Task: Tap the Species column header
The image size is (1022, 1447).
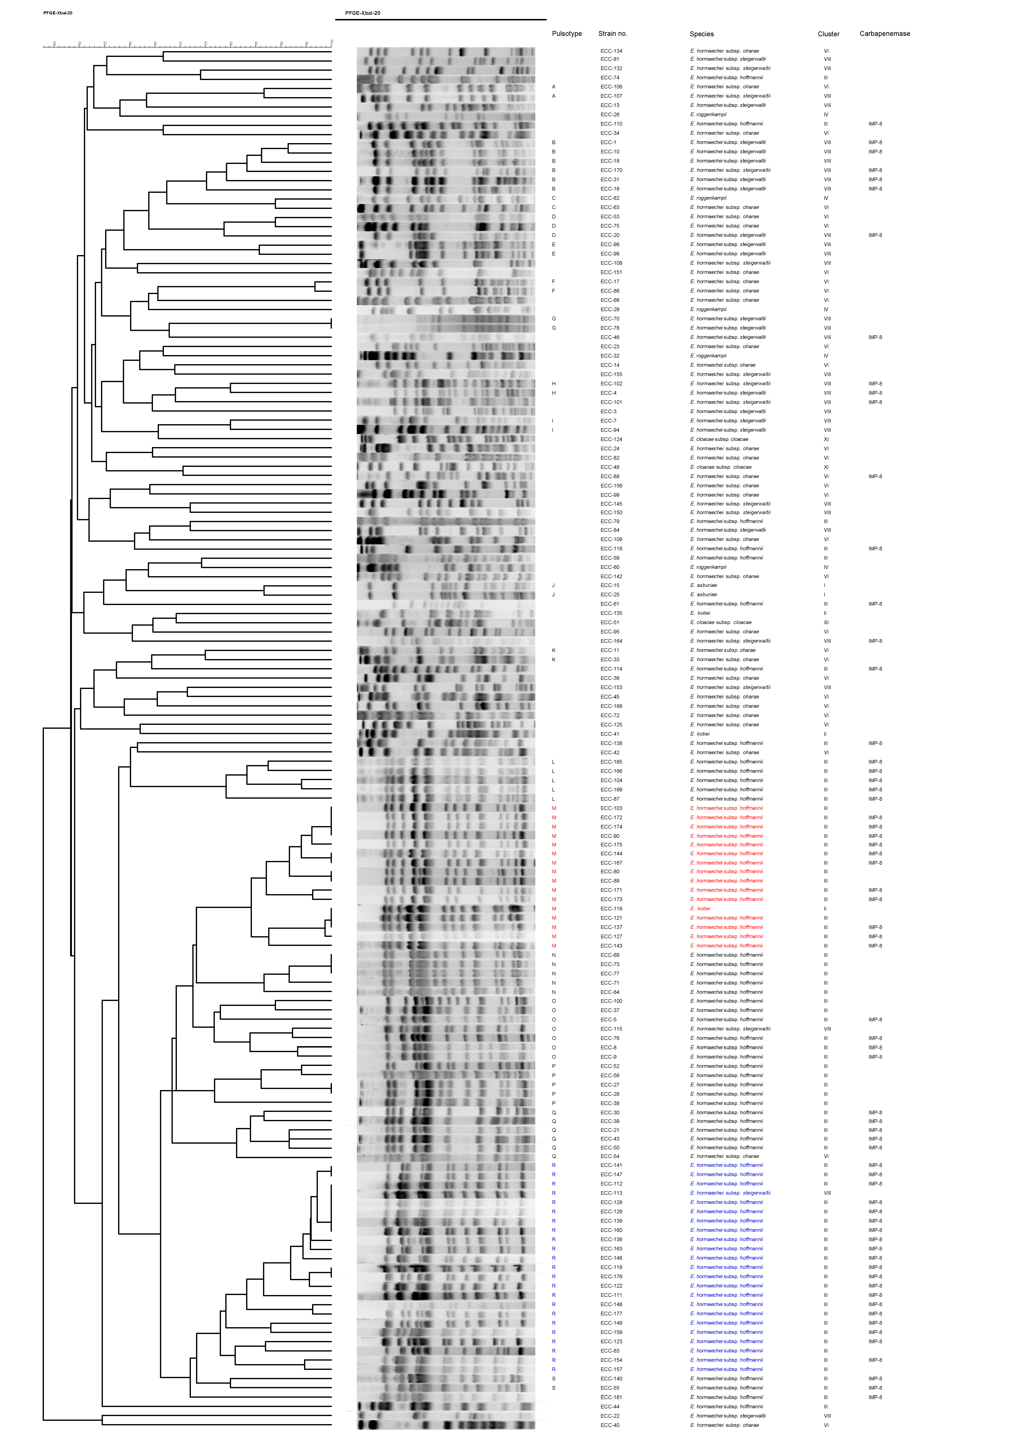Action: tap(701, 34)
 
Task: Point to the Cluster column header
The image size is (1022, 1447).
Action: tap(828, 34)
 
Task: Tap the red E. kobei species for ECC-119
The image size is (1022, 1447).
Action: tap(700, 908)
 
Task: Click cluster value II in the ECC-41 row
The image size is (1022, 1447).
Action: tap(825, 734)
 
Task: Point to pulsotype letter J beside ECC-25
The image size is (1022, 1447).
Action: tap(553, 594)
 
